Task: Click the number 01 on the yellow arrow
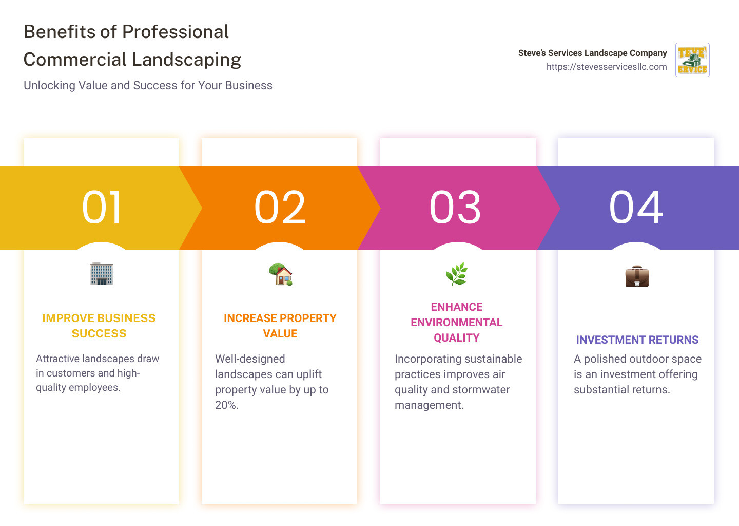click(x=102, y=208)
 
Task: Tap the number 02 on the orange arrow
click(x=280, y=208)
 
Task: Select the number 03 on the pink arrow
click(x=455, y=208)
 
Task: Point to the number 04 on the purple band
click(x=636, y=208)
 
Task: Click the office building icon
click(x=102, y=274)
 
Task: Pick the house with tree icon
click(x=280, y=274)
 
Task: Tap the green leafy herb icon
click(x=456, y=274)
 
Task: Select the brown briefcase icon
click(x=637, y=276)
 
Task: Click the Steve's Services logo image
click(x=692, y=60)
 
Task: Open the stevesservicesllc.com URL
click(x=607, y=67)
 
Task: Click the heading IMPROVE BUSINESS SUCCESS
click(x=99, y=326)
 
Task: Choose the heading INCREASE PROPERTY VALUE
click(x=280, y=326)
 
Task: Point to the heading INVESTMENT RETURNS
click(x=637, y=340)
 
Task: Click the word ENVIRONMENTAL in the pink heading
click(x=456, y=322)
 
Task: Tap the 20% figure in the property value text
click(x=226, y=405)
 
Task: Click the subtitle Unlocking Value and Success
click(x=148, y=85)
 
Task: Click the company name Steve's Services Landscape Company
click(x=592, y=53)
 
